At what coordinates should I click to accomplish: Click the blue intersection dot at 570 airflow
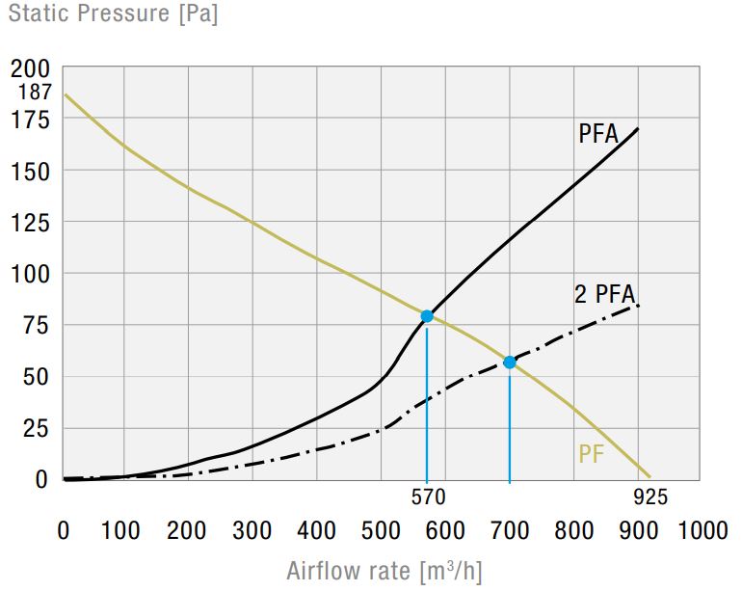point(427,316)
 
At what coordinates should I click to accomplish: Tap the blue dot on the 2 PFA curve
point(510,363)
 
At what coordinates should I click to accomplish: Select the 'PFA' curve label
point(598,134)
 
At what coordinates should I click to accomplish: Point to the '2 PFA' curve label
point(604,294)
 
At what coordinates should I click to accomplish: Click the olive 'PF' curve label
point(591,454)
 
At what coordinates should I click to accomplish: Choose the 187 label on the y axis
point(34,92)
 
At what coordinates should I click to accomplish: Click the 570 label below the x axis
point(428,497)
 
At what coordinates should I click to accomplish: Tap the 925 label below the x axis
point(650,497)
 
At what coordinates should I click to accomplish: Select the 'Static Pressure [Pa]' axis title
point(113,13)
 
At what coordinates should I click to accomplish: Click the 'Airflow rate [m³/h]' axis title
point(384,571)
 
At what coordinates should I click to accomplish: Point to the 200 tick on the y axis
point(30,69)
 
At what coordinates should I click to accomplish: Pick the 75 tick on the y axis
point(36,325)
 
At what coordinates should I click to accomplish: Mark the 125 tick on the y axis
point(30,223)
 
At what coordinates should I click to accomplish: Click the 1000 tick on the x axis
point(702,530)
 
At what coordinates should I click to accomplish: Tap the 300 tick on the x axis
point(252,530)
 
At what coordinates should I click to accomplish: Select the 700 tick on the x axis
point(510,530)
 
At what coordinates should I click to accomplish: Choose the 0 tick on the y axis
point(41,479)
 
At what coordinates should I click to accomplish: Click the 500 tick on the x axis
point(381,530)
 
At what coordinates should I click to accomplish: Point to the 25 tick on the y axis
point(36,429)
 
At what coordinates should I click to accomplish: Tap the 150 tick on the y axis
point(30,172)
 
